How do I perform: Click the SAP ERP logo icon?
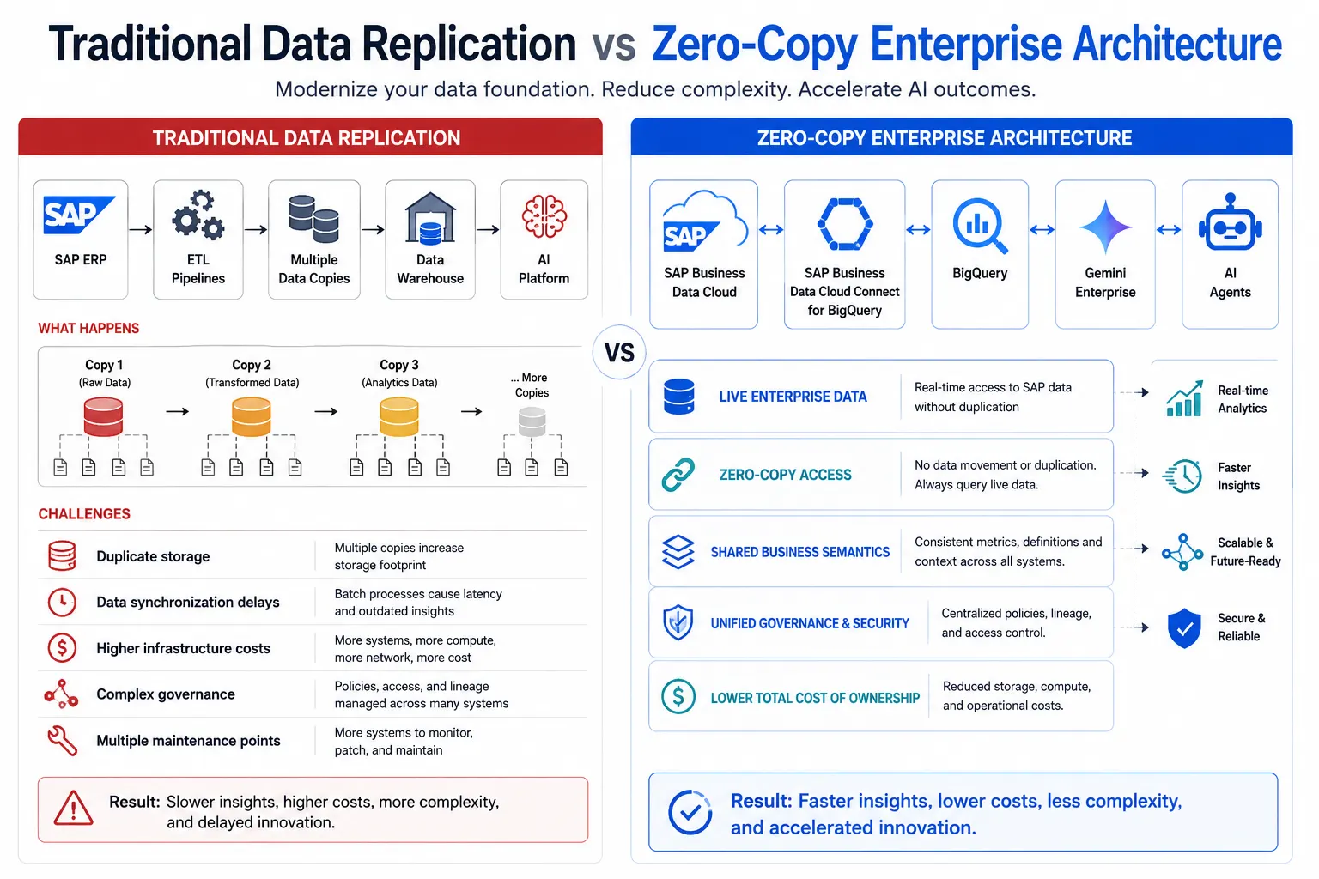click(79, 215)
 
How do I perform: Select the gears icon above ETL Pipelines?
click(198, 215)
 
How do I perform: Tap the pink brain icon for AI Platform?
click(544, 216)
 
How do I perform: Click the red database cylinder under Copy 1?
click(103, 416)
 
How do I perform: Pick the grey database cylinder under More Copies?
click(532, 422)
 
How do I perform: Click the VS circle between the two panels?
click(619, 352)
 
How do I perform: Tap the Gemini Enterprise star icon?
click(1105, 227)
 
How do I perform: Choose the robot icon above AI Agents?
click(1230, 222)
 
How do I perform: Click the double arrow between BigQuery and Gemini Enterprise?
click(1042, 229)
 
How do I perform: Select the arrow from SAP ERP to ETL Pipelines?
click(140, 229)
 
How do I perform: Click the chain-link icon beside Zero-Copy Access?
click(678, 474)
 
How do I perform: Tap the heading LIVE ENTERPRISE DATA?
click(793, 397)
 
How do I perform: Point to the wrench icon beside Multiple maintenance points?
click(62, 740)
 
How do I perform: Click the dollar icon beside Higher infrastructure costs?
click(62, 647)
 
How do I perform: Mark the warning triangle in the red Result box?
click(73, 809)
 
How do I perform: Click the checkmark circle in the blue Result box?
click(690, 812)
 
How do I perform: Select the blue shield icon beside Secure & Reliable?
click(1183, 627)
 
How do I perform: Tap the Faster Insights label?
click(1238, 476)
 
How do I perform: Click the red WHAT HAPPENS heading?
click(88, 329)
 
